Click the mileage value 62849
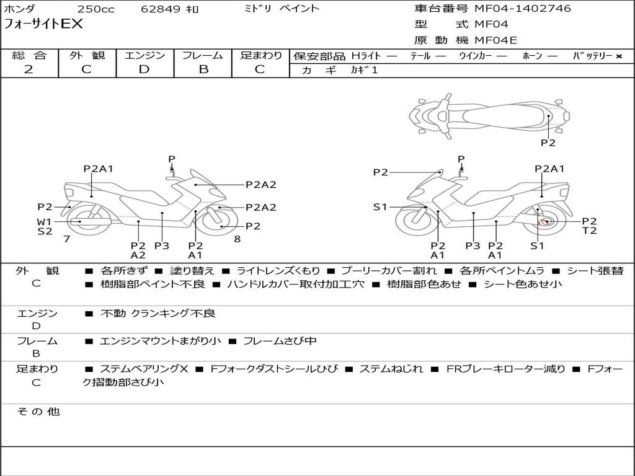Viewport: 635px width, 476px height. [x=161, y=9]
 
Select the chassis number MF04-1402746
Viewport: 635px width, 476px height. [x=522, y=9]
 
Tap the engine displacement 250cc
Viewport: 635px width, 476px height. [x=95, y=9]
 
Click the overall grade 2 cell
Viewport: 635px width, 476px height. [x=29, y=69]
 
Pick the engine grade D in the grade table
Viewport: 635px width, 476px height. [x=144, y=69]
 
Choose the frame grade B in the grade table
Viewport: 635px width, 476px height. [x=203, y=69]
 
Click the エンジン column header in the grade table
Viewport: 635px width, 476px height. [x=144, y=56]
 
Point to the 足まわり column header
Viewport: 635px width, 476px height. [x=261, y=56]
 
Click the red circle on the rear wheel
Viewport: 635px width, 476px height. [x=546, y=222]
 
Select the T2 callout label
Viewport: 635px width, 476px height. [x=589, y=231]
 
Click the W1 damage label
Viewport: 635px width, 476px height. [x=44, y=221]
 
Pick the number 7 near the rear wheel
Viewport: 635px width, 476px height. [x=66, y=239]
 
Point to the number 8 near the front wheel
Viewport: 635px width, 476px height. [x=237, y=239]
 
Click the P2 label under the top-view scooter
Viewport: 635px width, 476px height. [x=548, y=143]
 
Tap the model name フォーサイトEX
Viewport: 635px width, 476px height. [x=43, y=25]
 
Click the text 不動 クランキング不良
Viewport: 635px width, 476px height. [x=158, y=314]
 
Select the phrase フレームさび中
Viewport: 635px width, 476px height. [x=280, y=341]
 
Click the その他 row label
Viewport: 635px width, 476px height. [x=38, y=412]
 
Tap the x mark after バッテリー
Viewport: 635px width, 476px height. [x=618, y=56]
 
